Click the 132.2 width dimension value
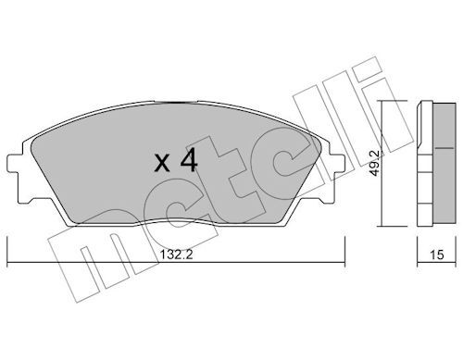pos(176,254)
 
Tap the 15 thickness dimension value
pos(436,254)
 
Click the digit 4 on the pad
pos(189,160)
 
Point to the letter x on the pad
pos(162,164)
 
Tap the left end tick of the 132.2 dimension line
pos(7,251)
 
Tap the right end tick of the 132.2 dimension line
pos(344,251)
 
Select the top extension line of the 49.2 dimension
pos(392,101)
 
